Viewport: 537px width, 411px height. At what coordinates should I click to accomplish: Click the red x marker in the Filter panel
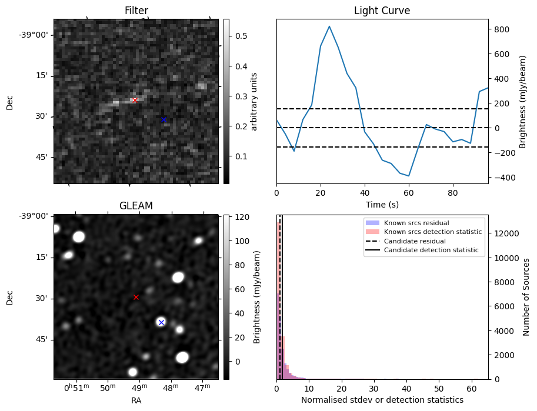point(135,100)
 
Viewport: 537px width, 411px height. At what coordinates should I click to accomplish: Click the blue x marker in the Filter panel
point(164,119)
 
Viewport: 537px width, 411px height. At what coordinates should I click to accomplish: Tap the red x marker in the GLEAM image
point(136,297)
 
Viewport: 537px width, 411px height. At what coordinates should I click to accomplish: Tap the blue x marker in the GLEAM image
point(161,322)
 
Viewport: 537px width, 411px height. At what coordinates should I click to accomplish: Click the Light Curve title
point(382,11)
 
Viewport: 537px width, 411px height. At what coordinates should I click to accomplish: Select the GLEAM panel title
point(136,206)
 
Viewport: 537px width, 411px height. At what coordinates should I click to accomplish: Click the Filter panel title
point(136,11)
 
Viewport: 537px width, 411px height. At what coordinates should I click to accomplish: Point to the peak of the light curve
point(329,26)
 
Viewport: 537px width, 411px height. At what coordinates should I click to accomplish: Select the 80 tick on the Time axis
point(453,193)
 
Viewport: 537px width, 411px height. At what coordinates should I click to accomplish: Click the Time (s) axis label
point(382,203)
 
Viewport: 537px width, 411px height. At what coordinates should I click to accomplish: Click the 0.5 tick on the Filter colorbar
point(241,36)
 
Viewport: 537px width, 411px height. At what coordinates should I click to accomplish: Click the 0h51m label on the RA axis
point(74,388)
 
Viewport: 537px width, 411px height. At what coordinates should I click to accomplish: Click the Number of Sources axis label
point(527,297)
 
